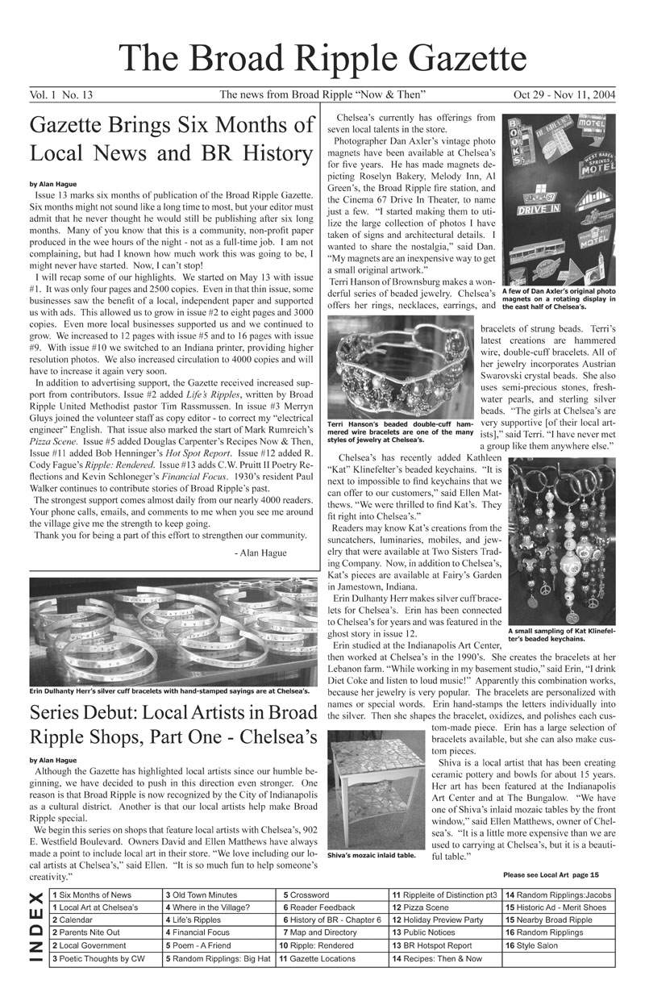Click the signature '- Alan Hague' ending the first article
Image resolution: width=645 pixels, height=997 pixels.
click(264, 553)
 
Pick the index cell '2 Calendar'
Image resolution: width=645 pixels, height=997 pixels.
click(72, 920)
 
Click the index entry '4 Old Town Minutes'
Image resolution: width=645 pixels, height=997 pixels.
click(201, 895)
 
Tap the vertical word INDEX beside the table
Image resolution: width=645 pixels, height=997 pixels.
click(35, 927)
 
